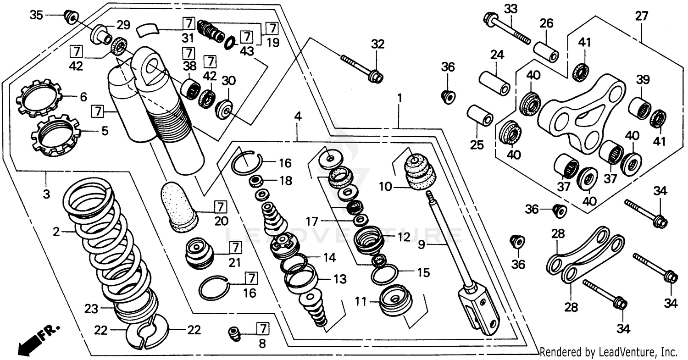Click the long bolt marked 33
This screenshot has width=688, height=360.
click(507, 28)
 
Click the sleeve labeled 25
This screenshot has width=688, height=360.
click(480, 116)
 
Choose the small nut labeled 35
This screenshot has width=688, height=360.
click(70, 16)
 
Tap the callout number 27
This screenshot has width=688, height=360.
click(641, 17)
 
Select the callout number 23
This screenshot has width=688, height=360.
click(91, 309)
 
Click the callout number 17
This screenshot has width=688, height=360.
click(312, 222)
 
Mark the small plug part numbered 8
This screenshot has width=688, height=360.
click(235, 333)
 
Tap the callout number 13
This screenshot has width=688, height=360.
click(340, 279)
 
